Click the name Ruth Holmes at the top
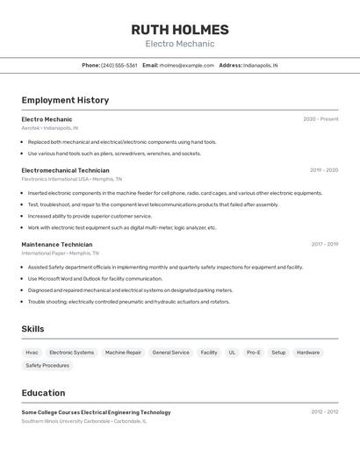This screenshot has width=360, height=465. click(x=180, y=29)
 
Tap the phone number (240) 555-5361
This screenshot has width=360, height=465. click(x=119, y=66)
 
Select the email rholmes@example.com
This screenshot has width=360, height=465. click(x=187, y=66)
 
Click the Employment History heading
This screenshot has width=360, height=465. click(x=65, y=100)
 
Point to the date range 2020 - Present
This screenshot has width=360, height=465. click(x=320, y=119)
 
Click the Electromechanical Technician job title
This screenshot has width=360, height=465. click(x=65, y=170)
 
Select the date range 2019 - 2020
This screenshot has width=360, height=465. click(x=323, y=170)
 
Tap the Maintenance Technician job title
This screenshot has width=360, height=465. click(x=56, y=245)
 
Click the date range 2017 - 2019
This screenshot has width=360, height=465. click(x=324, y=245)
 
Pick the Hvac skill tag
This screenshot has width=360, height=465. click(x=32, y=353)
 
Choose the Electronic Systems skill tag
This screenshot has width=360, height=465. click(x=71, y=353)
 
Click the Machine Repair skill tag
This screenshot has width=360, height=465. click(x=123, y=353)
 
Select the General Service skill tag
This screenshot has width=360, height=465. click(x=170, y=353)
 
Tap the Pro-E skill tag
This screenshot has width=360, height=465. click(x=253, y=353)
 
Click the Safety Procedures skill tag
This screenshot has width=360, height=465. click(x=47, y=366)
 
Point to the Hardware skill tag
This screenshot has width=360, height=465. click(x=308, y=353)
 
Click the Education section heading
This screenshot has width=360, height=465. click(x=43, y=393)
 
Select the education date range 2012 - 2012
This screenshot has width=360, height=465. click(x=324, y=411)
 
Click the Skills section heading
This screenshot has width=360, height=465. click(x=32, y=329)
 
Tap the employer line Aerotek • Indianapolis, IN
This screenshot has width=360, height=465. click(x=49, y=128)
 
